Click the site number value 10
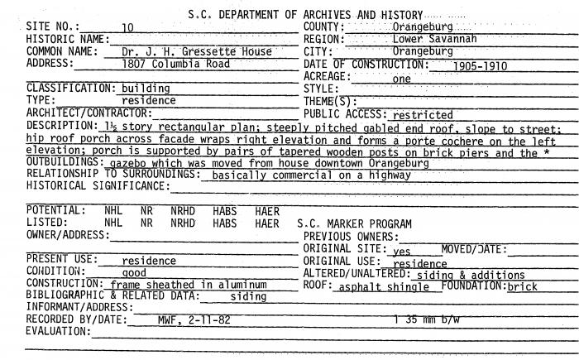point(127,28)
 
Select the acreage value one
point(401,79)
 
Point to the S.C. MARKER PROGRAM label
point(353,223)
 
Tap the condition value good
point(134,272)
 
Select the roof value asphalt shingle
point(382,286)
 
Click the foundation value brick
point(522,286)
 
